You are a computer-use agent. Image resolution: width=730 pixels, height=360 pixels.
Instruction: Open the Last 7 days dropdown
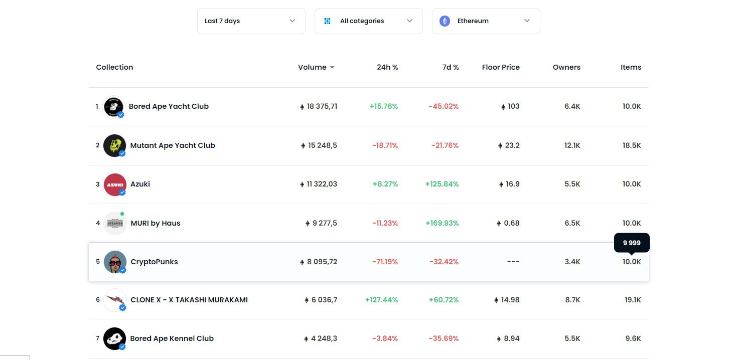tap(251, 21)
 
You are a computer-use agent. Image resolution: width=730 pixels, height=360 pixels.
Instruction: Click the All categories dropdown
tap(368, 21)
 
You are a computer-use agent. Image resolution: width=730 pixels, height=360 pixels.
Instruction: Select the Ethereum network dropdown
tap(486, 21)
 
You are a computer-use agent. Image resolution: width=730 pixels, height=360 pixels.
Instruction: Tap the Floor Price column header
tap(500, 67)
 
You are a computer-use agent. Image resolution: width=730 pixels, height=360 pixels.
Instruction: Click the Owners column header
tap(566, 67)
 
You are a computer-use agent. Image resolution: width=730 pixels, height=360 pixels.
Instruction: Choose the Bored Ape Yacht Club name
tap(169, 106)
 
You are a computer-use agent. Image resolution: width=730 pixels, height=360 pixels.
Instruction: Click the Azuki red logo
tap(114, 184)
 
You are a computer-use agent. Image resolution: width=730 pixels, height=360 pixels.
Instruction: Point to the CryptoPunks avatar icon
tap(114, 262)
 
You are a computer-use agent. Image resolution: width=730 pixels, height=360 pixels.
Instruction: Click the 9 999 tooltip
tap(632, 243)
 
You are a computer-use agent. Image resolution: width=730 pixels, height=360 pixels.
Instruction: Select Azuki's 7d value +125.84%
tap(442, 184)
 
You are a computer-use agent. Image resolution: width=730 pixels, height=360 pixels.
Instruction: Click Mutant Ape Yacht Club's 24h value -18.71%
tap(385, 145)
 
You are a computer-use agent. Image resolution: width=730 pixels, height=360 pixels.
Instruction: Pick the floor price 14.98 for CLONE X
tap(509, 300)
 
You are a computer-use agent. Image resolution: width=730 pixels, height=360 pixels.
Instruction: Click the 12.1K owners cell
tap(572, 145)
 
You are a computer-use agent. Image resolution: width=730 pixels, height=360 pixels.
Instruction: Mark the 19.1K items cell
tap(633, 300)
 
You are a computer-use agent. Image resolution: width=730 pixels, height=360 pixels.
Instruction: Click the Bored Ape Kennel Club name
tap(172, 338)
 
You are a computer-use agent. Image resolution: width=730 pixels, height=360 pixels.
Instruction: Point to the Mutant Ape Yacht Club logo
tap(114, 145)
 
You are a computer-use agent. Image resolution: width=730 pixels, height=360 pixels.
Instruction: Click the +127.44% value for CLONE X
tap(381, 300)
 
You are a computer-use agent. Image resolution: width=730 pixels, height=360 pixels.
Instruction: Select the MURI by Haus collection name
tap(155, 223)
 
